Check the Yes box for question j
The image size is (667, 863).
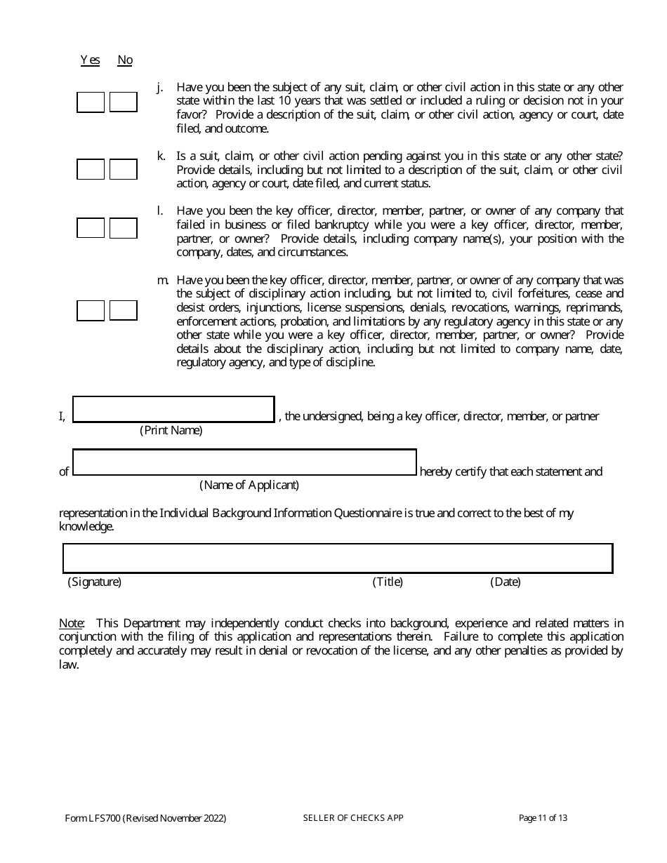(x=91, y=102)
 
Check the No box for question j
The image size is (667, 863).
(x=124, y=102)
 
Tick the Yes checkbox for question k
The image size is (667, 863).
(x=91, y=170)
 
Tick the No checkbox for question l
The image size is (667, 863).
(x=124, y=228)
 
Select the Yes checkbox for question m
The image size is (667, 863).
(x=91, y=310)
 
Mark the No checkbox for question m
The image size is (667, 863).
(x=124, y=310)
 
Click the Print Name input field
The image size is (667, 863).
(x=173, y=410)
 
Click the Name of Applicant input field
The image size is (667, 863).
(x=244, y=462)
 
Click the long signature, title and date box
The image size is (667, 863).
(x=338, y=558)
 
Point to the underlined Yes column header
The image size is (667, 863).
(x=90, y=60)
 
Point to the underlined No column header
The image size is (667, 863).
(x=125, y=60)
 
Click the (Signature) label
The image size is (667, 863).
(x=94, y=582)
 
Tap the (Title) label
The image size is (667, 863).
(x=388, y=582)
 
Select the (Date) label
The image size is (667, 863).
(x=506, y=582)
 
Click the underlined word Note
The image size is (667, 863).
(x=71, y=623)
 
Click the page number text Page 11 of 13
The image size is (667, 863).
(x=543, y=818)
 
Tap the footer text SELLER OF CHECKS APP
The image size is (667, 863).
(x=353, y=818)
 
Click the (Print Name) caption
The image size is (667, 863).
(x=171, y=430)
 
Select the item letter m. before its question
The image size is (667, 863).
(x=162, y=281)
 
